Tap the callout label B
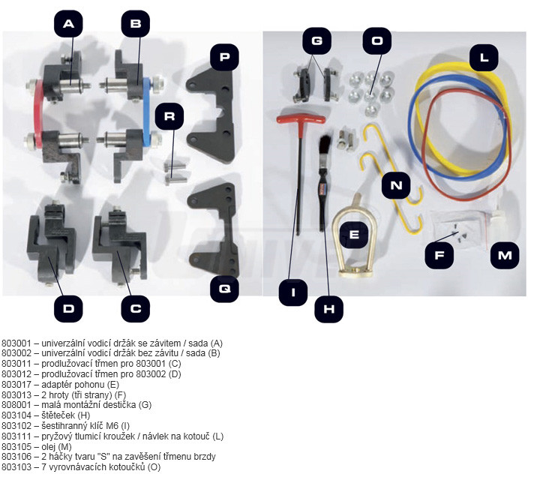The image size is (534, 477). [x=136, y=24]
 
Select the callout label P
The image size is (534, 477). [x=223, y=56]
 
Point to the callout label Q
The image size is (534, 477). [x=223, y=287]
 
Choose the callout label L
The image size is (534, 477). [x=484, y=57]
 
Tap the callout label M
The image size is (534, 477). [x=505, y=256]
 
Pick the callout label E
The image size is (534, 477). [x=354, y=235]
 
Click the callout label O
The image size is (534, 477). [x=376, y=40]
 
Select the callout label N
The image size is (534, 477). [x=395, y=184]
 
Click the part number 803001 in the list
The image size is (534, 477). [x=16, y=343]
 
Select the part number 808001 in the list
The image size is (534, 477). [x=16, y=404]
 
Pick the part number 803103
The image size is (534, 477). [x=16, y=466]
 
